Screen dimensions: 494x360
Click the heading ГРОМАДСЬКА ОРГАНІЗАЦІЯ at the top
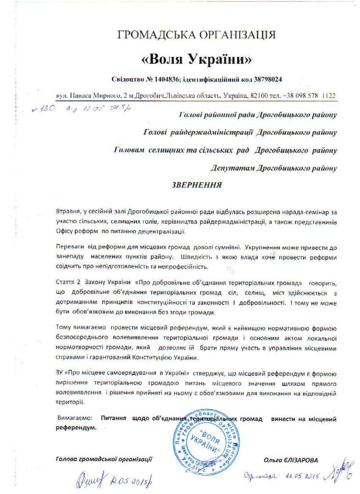click(x=197, y=35)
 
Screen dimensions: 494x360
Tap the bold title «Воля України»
click(x=196, y=60)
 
